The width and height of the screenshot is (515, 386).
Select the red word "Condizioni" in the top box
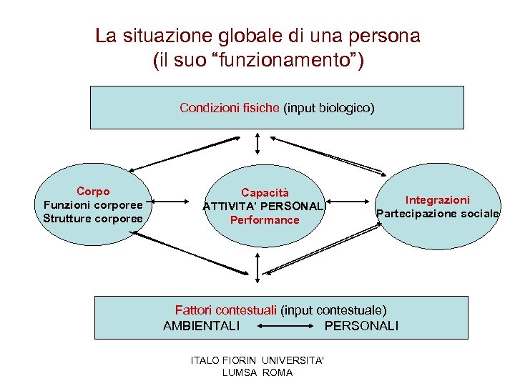click(207, 108)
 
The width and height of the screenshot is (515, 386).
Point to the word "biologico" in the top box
click(341, 108)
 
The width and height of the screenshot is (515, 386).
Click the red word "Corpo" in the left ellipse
click(93, 192)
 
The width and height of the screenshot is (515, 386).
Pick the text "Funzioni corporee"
click(93, 204)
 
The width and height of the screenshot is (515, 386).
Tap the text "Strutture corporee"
click(93, 218)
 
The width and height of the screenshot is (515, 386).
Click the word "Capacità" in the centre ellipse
click(265, 192)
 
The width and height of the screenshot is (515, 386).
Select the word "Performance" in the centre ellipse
click(265, 219)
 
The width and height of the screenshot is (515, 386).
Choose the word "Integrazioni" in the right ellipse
click(438, 200)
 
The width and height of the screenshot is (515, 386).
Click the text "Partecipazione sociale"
click(438, 213)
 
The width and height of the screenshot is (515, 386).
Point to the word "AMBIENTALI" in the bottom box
click(202, 326)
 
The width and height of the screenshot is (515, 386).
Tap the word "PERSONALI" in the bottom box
click(361, 326)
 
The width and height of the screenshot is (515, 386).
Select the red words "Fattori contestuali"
click(226, 310)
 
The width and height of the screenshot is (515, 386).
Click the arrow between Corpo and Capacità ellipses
click(176, 202)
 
